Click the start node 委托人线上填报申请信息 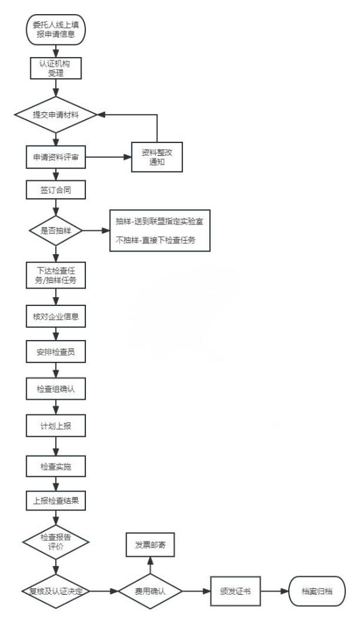click(56, 30)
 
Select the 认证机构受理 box click(56, 68)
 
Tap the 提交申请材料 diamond click(56, 115)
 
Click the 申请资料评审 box click(56, 157)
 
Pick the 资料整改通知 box click(157, 157)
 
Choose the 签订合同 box click(56, 190)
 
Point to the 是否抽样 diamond click(56, 230)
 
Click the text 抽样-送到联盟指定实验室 click(159, 221)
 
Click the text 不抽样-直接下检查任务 click(155, 240)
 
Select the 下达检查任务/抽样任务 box click(56, 275)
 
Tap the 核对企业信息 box click(56, 316)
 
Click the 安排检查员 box click(56, 352)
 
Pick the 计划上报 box click(56, 426)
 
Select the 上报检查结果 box click(56, 501)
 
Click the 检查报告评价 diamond click(56, 542)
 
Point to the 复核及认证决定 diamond click(56, 591)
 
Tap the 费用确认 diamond click(150, 591)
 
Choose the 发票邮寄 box click(150, 545)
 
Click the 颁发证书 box click(236, 591)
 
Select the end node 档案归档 click(317, 591)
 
